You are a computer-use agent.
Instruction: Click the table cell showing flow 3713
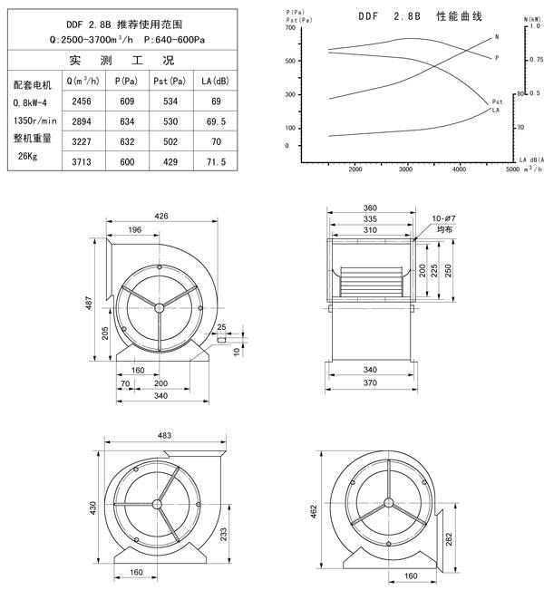82,162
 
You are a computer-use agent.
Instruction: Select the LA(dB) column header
215,81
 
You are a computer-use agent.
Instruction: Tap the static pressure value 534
170,102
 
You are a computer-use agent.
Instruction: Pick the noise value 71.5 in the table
216,162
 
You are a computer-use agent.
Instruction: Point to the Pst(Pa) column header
170,81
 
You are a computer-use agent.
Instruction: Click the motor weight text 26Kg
27,156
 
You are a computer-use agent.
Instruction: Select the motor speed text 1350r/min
34,121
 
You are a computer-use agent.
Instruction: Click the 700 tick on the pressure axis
290,27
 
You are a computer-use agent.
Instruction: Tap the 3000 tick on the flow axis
406,169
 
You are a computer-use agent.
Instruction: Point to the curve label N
497,37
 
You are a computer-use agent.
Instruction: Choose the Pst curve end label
497,102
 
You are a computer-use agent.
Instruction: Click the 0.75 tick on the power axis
537,60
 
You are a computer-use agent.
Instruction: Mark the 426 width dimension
161,216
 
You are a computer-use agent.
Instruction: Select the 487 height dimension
89,303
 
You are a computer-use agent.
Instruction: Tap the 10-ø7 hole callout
443,218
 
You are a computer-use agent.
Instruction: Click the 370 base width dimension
370,382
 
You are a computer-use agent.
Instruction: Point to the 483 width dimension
164,435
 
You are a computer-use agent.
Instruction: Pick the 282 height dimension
449,539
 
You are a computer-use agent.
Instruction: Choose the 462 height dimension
314,511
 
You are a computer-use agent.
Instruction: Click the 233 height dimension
223,535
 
